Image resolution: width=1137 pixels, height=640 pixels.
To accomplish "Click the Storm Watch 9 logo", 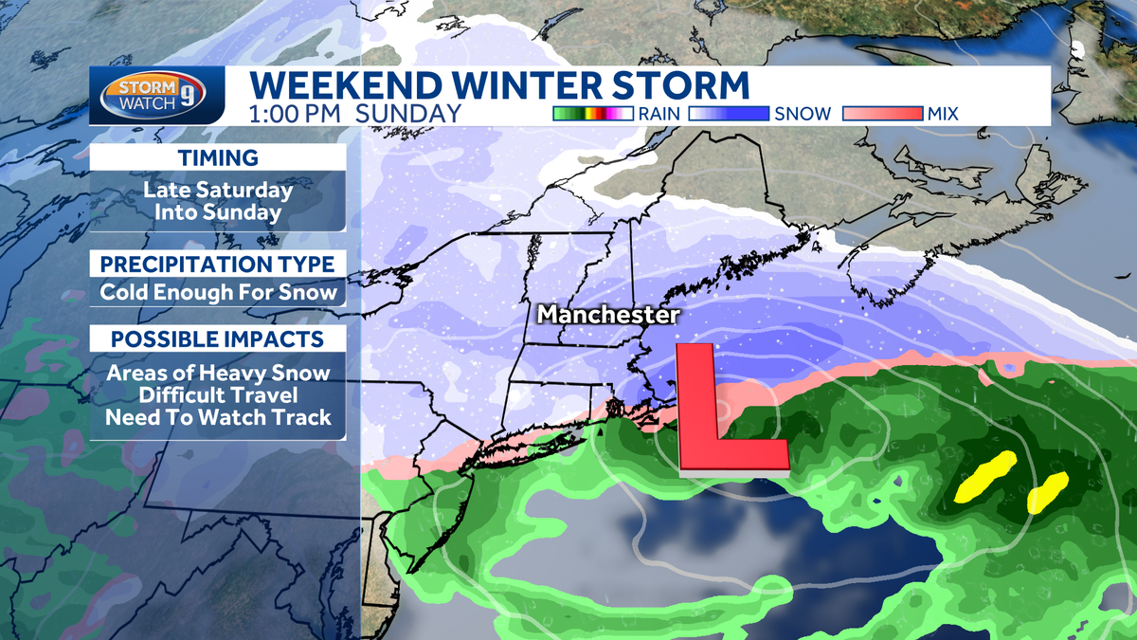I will pos(158,96).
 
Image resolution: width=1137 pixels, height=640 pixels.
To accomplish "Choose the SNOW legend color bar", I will pos(729,114).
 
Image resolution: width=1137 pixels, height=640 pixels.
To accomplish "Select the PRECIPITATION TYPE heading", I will pos(218,264).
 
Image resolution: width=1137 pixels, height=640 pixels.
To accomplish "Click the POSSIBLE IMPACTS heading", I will pos(218,339).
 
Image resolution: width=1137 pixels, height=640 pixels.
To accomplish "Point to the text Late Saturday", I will pos(218,190).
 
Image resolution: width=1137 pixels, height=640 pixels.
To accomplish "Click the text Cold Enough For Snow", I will pos(218,292).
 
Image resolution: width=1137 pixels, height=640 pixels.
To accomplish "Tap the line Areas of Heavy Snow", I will pos(218,373).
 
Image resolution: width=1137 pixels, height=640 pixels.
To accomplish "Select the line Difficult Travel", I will pos(218,394).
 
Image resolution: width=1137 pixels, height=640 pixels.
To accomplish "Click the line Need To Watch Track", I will pos(218,416).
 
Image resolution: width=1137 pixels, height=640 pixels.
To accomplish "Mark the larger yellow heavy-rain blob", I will pos(985,477).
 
